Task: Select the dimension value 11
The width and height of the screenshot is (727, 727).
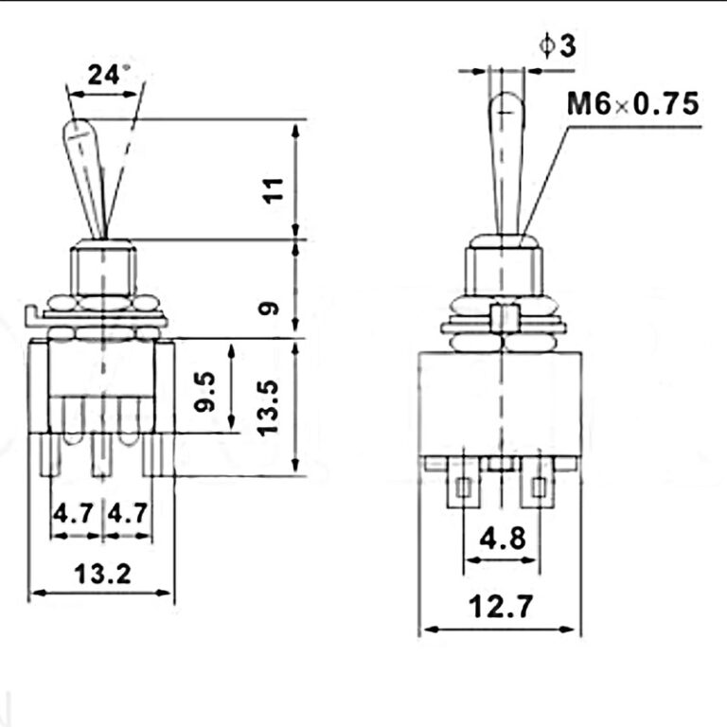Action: [x=274, y=191]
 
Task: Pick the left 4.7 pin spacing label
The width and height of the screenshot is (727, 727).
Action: [x=73, y=514]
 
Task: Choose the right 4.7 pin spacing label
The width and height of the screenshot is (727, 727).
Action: [x=127, y=514]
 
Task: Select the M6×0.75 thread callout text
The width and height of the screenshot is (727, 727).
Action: [x=632, y=102]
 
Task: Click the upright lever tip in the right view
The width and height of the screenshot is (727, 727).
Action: [x=502, y=104]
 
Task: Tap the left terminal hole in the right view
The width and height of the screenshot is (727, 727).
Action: [x=463, y=488]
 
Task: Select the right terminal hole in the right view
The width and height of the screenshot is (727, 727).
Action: [x=539, y=488]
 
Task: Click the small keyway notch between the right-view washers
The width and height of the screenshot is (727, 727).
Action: [x=502, y=317]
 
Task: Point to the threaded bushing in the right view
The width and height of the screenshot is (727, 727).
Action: [x=502, y=270]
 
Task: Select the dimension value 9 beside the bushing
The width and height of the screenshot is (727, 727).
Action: [x=271, y=308]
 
